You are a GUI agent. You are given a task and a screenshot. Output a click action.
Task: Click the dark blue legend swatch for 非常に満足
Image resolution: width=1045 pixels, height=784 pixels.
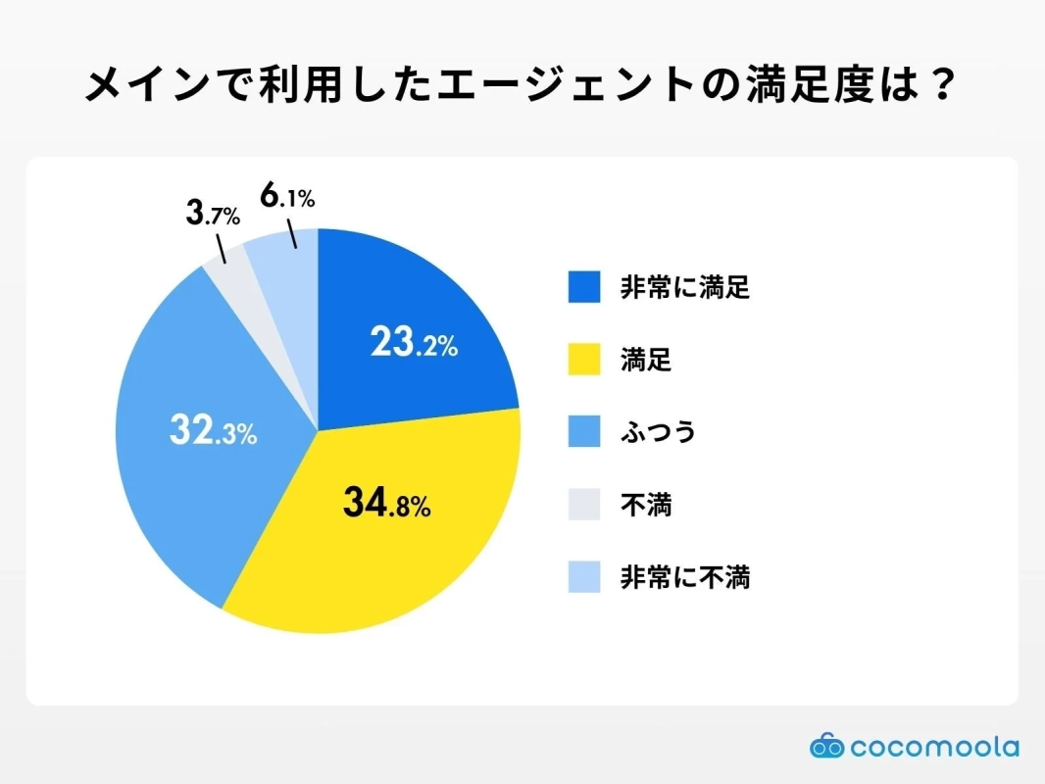(x=584, y=287)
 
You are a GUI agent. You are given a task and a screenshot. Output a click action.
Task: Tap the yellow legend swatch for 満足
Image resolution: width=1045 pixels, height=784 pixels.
(x=584, y=360)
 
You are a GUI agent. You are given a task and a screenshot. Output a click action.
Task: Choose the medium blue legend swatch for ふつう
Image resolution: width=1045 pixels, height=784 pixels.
(x=584, y=432)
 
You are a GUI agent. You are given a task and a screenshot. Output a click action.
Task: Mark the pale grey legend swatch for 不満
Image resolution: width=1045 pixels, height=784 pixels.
(x=584, y=505)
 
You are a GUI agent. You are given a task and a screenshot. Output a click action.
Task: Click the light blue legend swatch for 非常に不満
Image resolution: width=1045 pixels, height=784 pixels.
(x=584, y=577)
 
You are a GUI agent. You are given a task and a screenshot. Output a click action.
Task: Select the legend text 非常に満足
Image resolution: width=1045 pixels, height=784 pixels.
(x=684, y=287)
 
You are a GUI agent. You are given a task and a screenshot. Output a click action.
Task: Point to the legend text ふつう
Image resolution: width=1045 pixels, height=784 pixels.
(x=658, y=432)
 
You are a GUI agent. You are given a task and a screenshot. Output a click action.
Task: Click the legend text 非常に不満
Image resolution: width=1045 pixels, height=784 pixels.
(x=684, y=577)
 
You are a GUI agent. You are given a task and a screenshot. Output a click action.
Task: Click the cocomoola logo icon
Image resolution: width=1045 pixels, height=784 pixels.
(x=826, y=747)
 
